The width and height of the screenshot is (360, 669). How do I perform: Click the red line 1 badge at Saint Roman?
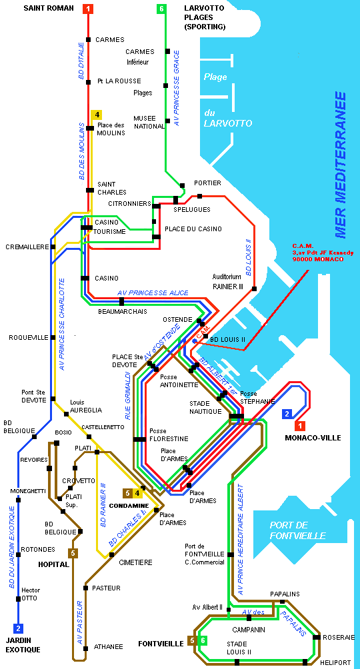88,9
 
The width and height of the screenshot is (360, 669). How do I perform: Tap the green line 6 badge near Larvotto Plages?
161,9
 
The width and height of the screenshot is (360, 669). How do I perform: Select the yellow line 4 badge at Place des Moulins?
97,115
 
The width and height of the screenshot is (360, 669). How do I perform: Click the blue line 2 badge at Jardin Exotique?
19,628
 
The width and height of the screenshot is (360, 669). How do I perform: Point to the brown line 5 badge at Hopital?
73,553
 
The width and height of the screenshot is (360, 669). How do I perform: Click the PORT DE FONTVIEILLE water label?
297,530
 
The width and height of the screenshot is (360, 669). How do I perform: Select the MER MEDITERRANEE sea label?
341,165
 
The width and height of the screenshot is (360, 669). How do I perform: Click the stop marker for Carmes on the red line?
89,40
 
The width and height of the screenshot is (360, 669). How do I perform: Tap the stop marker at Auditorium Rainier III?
254,289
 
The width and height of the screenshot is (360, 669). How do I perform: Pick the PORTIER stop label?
207,183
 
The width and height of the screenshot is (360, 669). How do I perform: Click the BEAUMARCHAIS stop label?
123,311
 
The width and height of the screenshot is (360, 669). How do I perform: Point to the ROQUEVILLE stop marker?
53,337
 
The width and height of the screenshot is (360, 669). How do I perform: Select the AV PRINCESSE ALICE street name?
153,293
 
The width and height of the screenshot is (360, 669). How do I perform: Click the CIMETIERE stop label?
135,562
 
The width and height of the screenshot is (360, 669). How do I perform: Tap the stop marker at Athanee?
85,648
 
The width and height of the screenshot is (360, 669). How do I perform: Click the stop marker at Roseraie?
317,638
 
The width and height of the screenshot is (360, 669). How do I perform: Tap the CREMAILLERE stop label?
27,247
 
